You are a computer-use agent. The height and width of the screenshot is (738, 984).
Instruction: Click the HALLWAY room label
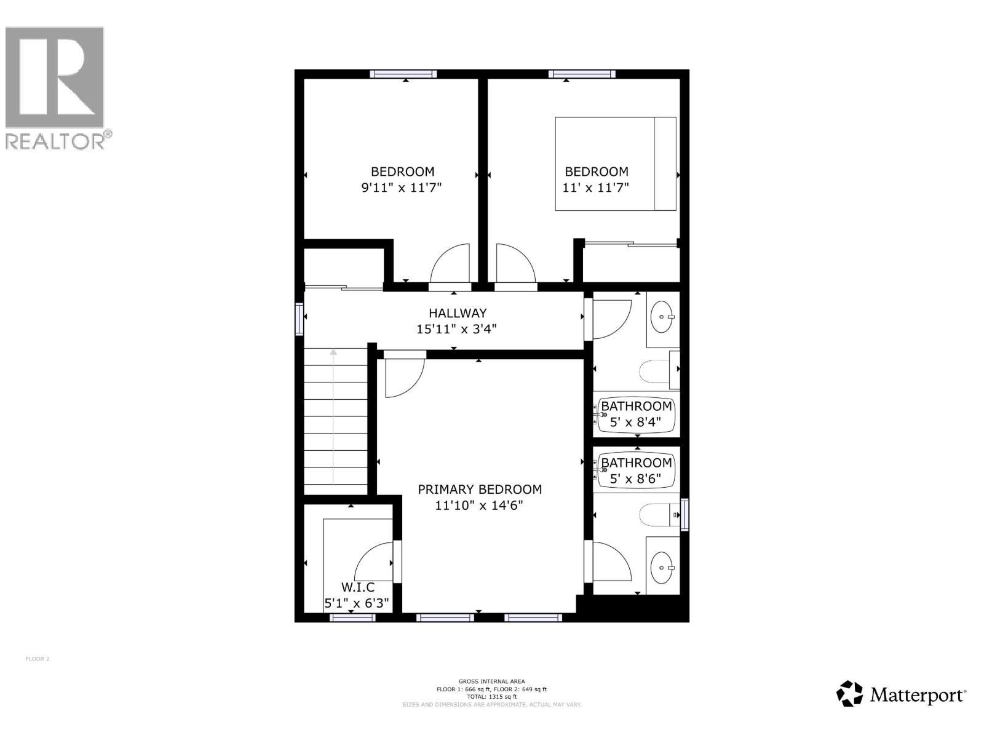coord(458,313)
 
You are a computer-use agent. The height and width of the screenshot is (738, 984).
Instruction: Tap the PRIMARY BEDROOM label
coord(480,490)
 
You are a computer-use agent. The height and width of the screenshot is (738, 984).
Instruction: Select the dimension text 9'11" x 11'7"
coord(402,188)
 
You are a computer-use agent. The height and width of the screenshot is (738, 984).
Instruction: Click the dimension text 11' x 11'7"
coord(596,188)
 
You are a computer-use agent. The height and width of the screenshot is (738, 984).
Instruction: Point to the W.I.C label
coord(357,588)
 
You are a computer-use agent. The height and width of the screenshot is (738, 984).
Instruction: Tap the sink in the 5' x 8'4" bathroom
coord(662,317)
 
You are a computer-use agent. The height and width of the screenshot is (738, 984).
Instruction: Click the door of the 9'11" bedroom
coord(451,266)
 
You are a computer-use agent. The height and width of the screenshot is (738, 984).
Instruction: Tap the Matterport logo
coord(900,695)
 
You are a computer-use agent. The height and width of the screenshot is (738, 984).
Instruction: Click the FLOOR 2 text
coord(38,659)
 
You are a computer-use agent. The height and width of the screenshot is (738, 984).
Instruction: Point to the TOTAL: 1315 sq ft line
coord(491,697)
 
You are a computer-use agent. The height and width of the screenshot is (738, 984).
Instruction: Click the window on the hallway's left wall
coord(300,319)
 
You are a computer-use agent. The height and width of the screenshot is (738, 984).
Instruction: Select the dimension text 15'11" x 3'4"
coord(456,329)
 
